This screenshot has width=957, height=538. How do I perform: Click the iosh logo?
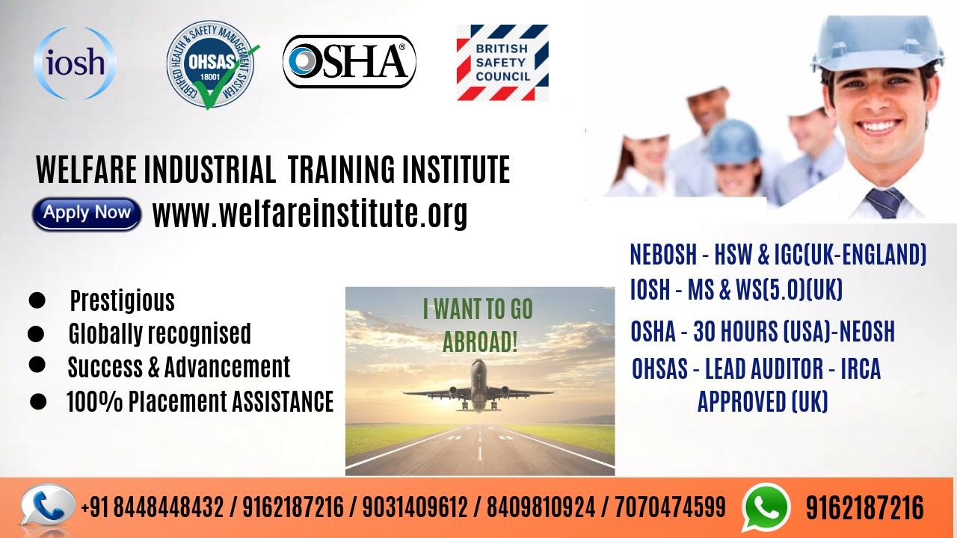click(76, 64)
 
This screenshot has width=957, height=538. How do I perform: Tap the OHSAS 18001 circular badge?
click(212, 64)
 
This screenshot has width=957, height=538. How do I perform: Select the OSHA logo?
click(349, 61)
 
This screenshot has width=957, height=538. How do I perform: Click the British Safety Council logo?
click(502, 62)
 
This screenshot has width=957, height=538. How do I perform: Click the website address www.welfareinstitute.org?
click(310, 214)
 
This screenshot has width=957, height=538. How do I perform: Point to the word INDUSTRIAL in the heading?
click(209, 170)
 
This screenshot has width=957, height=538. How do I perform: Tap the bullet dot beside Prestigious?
click(37, 300)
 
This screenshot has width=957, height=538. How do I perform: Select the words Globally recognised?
click(160, 333)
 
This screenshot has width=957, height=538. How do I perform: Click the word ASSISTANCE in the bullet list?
click(283, 401)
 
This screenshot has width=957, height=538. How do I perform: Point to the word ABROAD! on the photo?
click(480, 341)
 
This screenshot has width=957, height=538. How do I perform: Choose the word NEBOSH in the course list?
click(663, 255)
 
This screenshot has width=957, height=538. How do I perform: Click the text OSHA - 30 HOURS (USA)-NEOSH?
click(763, 331)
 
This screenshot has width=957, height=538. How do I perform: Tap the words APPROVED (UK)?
click(763, 401)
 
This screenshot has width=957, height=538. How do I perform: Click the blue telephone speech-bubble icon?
click(47, 506)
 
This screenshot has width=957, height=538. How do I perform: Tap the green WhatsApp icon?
click(766, 507)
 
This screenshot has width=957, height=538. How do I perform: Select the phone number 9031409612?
click(415, 507)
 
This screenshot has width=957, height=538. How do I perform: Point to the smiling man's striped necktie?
click(885, 202)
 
